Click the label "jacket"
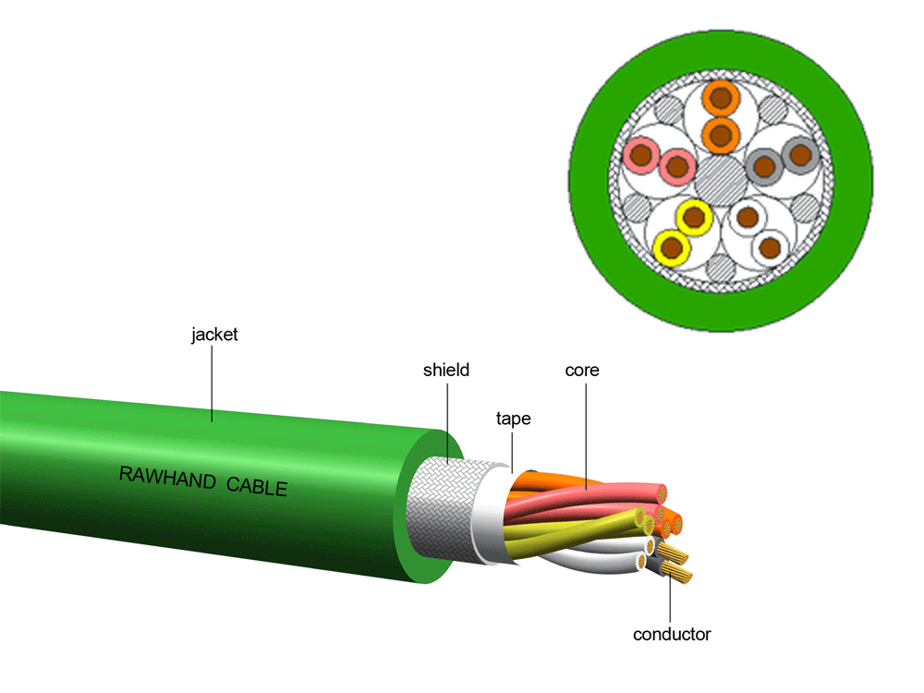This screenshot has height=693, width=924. pyautogui.click(x=214, y=334)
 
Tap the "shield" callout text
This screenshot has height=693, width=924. pyautogui.click(x=446, y=371)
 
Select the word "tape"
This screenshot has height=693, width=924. pyautogui.click(x=513, y=419)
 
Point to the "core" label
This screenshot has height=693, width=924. pyautogui.click(x=582, y=371)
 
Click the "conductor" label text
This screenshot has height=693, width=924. pyautogui.click(x=672, y=635)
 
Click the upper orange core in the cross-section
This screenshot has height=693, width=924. pyautogui.click(x=722, y=97)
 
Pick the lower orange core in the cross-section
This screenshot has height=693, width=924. pyautogui.click(x=722, y=135)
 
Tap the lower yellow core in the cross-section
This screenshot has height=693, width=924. pyautogui.click(x=671, y=248)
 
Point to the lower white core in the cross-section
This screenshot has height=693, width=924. pyautogui.click(x=770, y=247)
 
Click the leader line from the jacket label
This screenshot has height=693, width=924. pyautogui.click(x=213, y=383)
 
